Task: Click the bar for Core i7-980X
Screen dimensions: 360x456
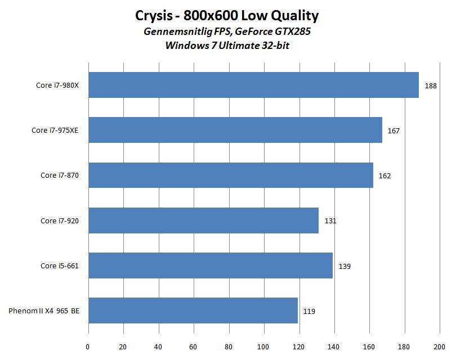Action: [253, 85]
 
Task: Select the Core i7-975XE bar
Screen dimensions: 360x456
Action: [235, 130]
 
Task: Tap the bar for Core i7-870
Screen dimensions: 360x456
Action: [231, 175]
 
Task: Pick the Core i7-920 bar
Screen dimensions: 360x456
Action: [203, 220]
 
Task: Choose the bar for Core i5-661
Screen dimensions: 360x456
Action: [211, 266]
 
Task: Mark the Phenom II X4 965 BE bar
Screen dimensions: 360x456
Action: [193, 311]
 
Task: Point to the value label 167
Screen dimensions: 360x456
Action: [394, 131]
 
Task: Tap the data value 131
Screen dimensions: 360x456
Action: [330, 221]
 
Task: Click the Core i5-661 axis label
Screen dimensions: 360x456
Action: [59, 266]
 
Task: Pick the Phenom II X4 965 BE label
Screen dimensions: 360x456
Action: [44, 311]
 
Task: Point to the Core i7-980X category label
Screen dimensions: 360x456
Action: [55, 85]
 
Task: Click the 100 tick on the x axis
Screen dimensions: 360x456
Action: [263, 346]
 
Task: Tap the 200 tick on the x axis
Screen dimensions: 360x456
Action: [439, 346]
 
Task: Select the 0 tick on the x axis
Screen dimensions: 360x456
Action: [88, 346]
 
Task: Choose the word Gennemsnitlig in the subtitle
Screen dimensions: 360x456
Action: [175, 32]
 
